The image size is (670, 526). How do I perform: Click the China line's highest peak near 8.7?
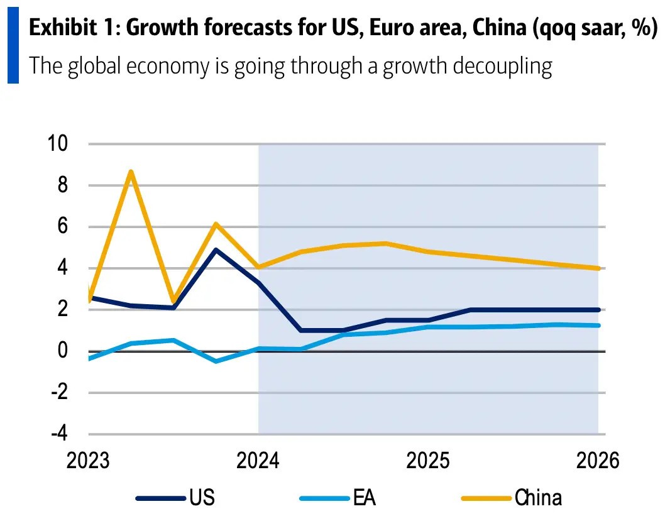pyautogui.click(x=130, y=172)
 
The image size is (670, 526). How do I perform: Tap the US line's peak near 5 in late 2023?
pyautogui.click(x=216, y=250)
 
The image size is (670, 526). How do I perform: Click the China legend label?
pyautogui.click(x=538, y=498)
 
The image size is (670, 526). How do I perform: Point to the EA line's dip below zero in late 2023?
pyautogui.click(x=216, y=361)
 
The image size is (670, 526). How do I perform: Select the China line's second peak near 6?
pyautogui.click(x=216, y=224)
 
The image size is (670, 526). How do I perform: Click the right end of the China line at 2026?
pyautogui.click(x=598, y=268)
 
